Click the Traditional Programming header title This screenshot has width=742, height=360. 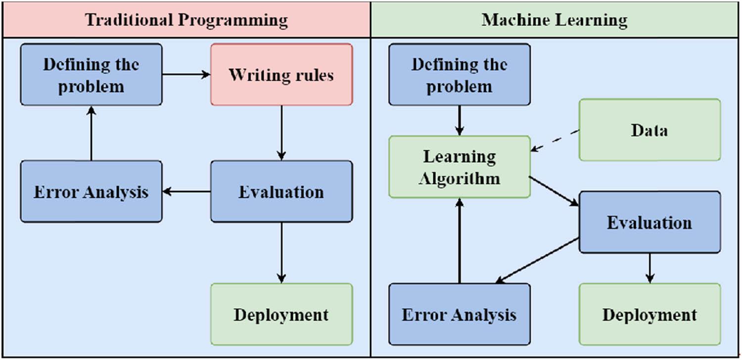[186, 20]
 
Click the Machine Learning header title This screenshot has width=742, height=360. [555, 20]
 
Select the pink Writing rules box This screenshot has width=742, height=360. [281, 75]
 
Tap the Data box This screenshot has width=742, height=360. [649, 130]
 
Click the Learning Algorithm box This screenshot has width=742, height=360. [460, 167]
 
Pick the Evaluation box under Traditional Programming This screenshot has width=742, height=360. [281, 191]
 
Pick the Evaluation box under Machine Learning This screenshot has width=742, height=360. [649, 223]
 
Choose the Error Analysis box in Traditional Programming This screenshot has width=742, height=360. [91, 191]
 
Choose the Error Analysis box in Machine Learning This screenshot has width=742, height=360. [460, 315]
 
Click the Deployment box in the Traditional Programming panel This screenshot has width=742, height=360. [281, 315]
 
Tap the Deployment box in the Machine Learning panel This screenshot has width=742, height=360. [649, 315]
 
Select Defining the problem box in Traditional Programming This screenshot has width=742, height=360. [91, 75]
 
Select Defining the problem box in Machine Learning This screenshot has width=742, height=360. [460, 75]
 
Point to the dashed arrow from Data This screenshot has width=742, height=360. [555, 140]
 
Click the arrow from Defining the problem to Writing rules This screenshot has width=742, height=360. [186, 75]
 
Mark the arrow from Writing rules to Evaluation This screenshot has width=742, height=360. [281, 133]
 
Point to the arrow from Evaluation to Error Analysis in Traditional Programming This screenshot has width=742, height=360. [186, 191]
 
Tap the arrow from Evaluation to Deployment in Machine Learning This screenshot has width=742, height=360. [650, 268]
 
